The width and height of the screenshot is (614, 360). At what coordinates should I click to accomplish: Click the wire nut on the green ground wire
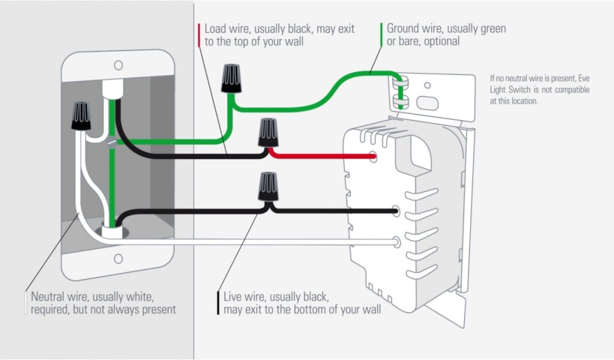[x=231, y=79]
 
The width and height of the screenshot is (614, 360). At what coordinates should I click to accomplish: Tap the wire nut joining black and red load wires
[x=268, y=133]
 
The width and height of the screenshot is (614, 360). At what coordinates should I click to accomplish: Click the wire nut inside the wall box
[x=80, y=116]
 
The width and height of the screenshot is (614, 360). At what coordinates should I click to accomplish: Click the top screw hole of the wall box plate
[x=119, y=64]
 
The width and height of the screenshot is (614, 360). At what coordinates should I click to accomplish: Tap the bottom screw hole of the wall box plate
[x=119, y=259]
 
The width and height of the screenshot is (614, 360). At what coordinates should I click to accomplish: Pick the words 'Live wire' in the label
[x=245, y=297]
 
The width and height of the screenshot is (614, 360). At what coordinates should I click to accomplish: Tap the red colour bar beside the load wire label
[x=198, y=35]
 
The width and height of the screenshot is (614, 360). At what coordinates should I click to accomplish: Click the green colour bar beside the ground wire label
[x=381, y=35]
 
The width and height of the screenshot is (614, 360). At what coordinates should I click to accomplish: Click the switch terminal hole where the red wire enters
[x=373, y=158]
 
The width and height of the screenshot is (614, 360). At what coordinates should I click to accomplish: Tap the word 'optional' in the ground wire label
[x=440, y=41]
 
